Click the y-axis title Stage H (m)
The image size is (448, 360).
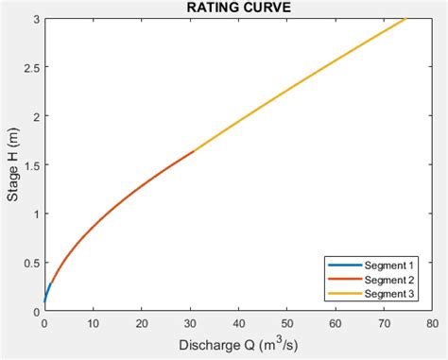(x=12, y=164)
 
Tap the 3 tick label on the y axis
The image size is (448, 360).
(x=35, y=19)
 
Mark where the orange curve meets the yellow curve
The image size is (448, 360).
(x=194, y=151)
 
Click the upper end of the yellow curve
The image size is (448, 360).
(x=405, y=19)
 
